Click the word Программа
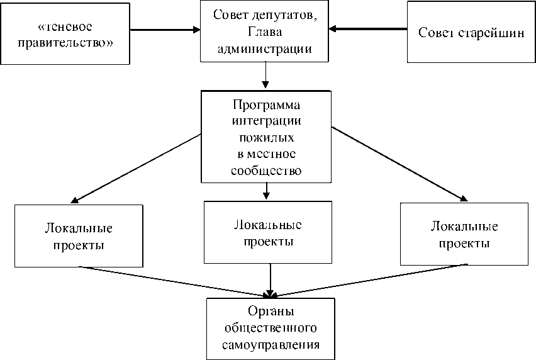(x=266, y=104)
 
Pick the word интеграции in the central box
(x=266, y=120)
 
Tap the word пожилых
(x=266, y=137)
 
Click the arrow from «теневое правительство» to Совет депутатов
(x=167, y=29)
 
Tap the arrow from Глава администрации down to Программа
(x=266, y=76)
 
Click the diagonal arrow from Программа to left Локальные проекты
(x=135, y=168)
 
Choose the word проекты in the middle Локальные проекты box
(x=267, y=240)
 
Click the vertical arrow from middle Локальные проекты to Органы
(x=271, y=279)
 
